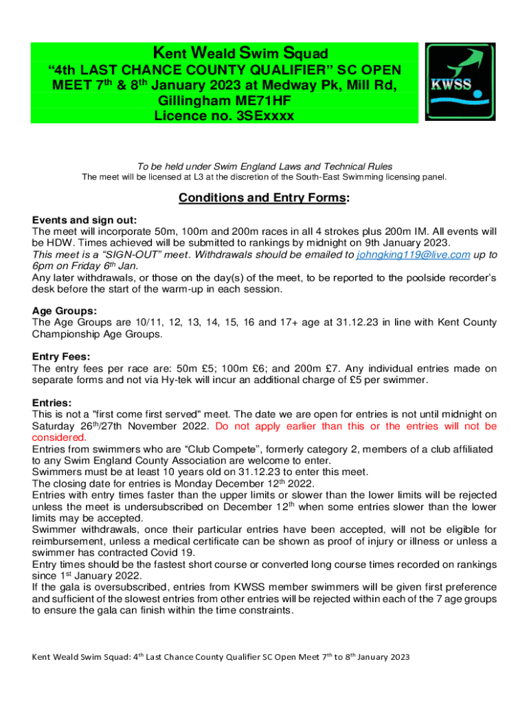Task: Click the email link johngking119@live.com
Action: (414, 254)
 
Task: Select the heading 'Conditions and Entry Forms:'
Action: (264, 198)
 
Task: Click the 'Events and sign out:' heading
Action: (85, 220)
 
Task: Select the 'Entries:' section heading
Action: (52, 403)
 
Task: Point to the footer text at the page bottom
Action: (221, 657)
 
